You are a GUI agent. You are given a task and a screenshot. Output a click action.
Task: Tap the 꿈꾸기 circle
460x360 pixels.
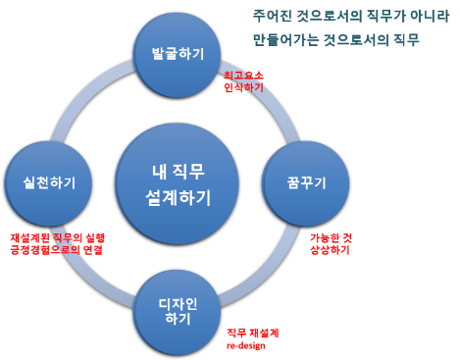305,182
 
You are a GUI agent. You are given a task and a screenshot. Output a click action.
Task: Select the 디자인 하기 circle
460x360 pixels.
178,310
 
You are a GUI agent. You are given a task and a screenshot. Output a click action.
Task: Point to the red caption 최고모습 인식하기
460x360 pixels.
243,80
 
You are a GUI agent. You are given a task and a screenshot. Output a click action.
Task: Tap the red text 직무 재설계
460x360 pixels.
252,333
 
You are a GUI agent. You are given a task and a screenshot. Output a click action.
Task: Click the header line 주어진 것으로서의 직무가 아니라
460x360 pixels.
349,16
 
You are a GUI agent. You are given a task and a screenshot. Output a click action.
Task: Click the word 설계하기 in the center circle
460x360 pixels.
178,198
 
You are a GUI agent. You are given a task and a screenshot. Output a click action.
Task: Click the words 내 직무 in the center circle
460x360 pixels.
178,169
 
